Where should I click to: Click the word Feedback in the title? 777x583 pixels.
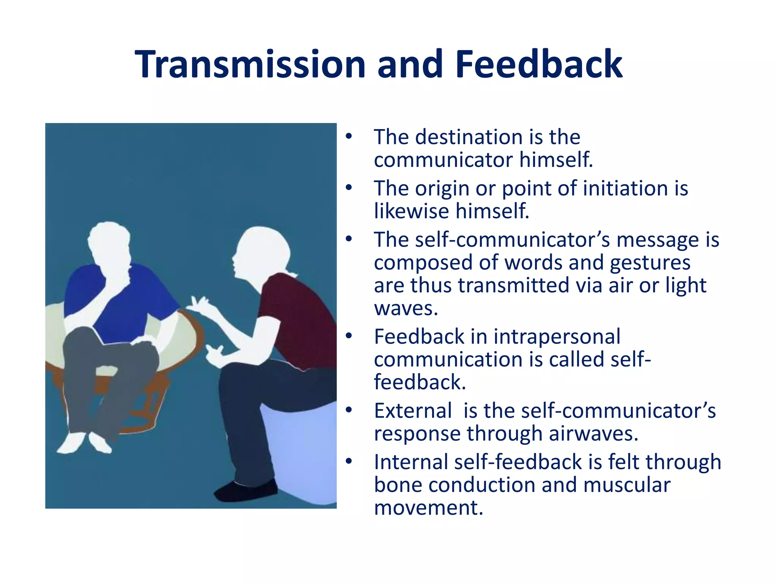[538, 65]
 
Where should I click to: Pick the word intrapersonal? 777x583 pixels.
[557, 337]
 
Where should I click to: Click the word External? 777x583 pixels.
[413, 411]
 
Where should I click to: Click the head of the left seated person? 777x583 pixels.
[109, 243]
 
